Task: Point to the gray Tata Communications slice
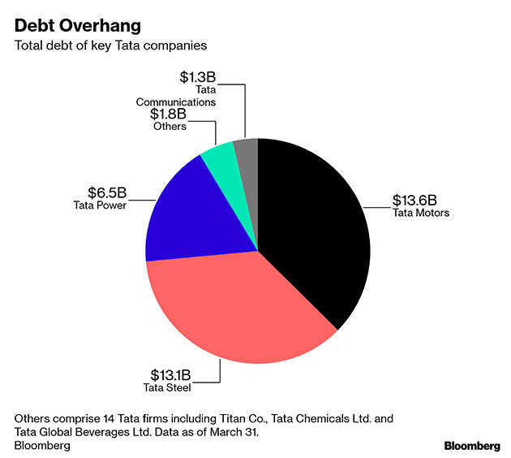tap(247, 149)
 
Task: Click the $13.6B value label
tap(414, 200)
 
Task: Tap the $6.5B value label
tap(108, 192)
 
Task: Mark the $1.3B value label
tap(198, 77)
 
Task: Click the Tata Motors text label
tap(420, 214)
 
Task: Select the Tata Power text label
tap(99, 205)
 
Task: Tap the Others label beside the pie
tap(169, 126)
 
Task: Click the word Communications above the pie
tap(175, 103)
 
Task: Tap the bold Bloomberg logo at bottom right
tap(472, 446)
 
